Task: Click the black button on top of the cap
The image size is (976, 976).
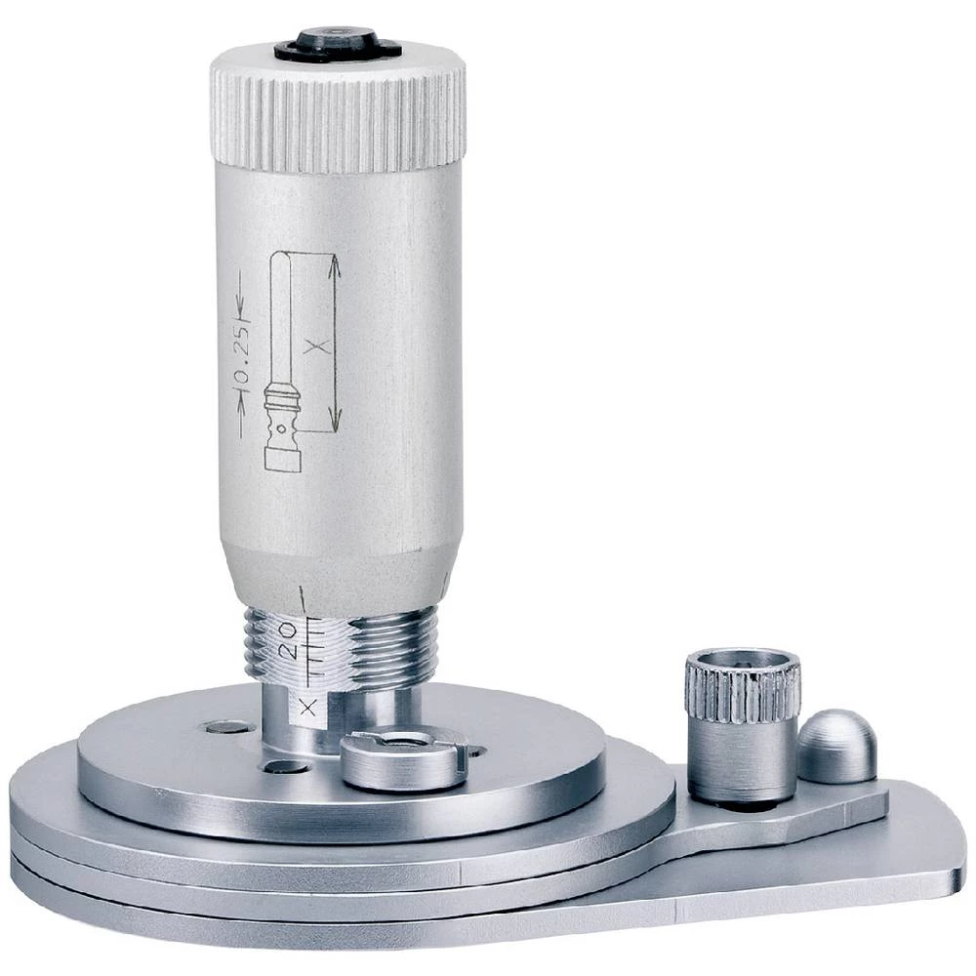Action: [x=337, y=42]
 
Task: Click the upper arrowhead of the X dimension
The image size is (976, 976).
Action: [x=335, y=264]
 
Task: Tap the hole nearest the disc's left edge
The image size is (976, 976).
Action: [x=227, y=726]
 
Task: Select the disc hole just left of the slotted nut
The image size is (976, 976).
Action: [x=284, y=767]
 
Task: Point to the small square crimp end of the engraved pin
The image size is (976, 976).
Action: [x=283, y=460]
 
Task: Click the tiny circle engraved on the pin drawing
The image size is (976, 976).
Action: [x=281, y=427]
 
